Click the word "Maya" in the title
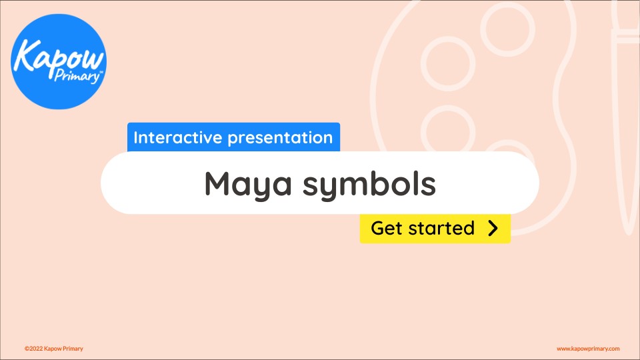(x=248, y=185)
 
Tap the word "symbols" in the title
(x=369, y=184)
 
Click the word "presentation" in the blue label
(x=280, y=139)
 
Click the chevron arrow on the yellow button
(x=493, y=229)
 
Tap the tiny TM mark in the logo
(x=101, y=72)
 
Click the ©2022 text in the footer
(x=33, y=349)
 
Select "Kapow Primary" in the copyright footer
(x=63, y=349)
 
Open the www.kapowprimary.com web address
(x=588, y=349)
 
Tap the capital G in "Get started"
(x=378, y=228)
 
